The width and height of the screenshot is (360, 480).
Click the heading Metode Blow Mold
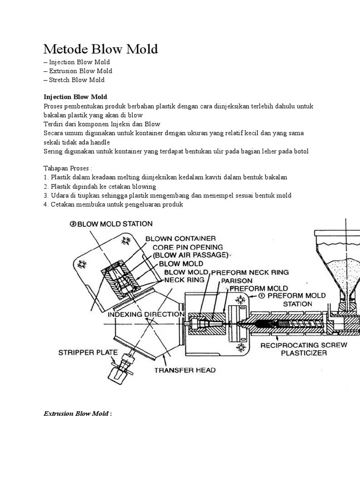(x=101, y=49)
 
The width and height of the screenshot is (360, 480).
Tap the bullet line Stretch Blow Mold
(x=74, y=80)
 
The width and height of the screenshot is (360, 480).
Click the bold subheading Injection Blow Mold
(x=75, y=97)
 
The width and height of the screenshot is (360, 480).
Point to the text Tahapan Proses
(x=67, y=168)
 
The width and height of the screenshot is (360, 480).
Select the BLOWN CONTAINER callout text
(x=180, y=239)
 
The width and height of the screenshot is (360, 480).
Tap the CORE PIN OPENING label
(x=184, y=247)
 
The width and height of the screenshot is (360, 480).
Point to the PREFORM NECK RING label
(x=250, y=272)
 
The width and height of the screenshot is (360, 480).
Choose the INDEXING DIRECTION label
(x=146, y=314)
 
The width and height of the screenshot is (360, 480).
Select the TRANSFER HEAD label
(x=185, y=370)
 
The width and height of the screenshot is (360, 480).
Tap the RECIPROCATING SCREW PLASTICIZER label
(x=303, y=349)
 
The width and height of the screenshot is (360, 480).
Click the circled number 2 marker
(x=73, y=224)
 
